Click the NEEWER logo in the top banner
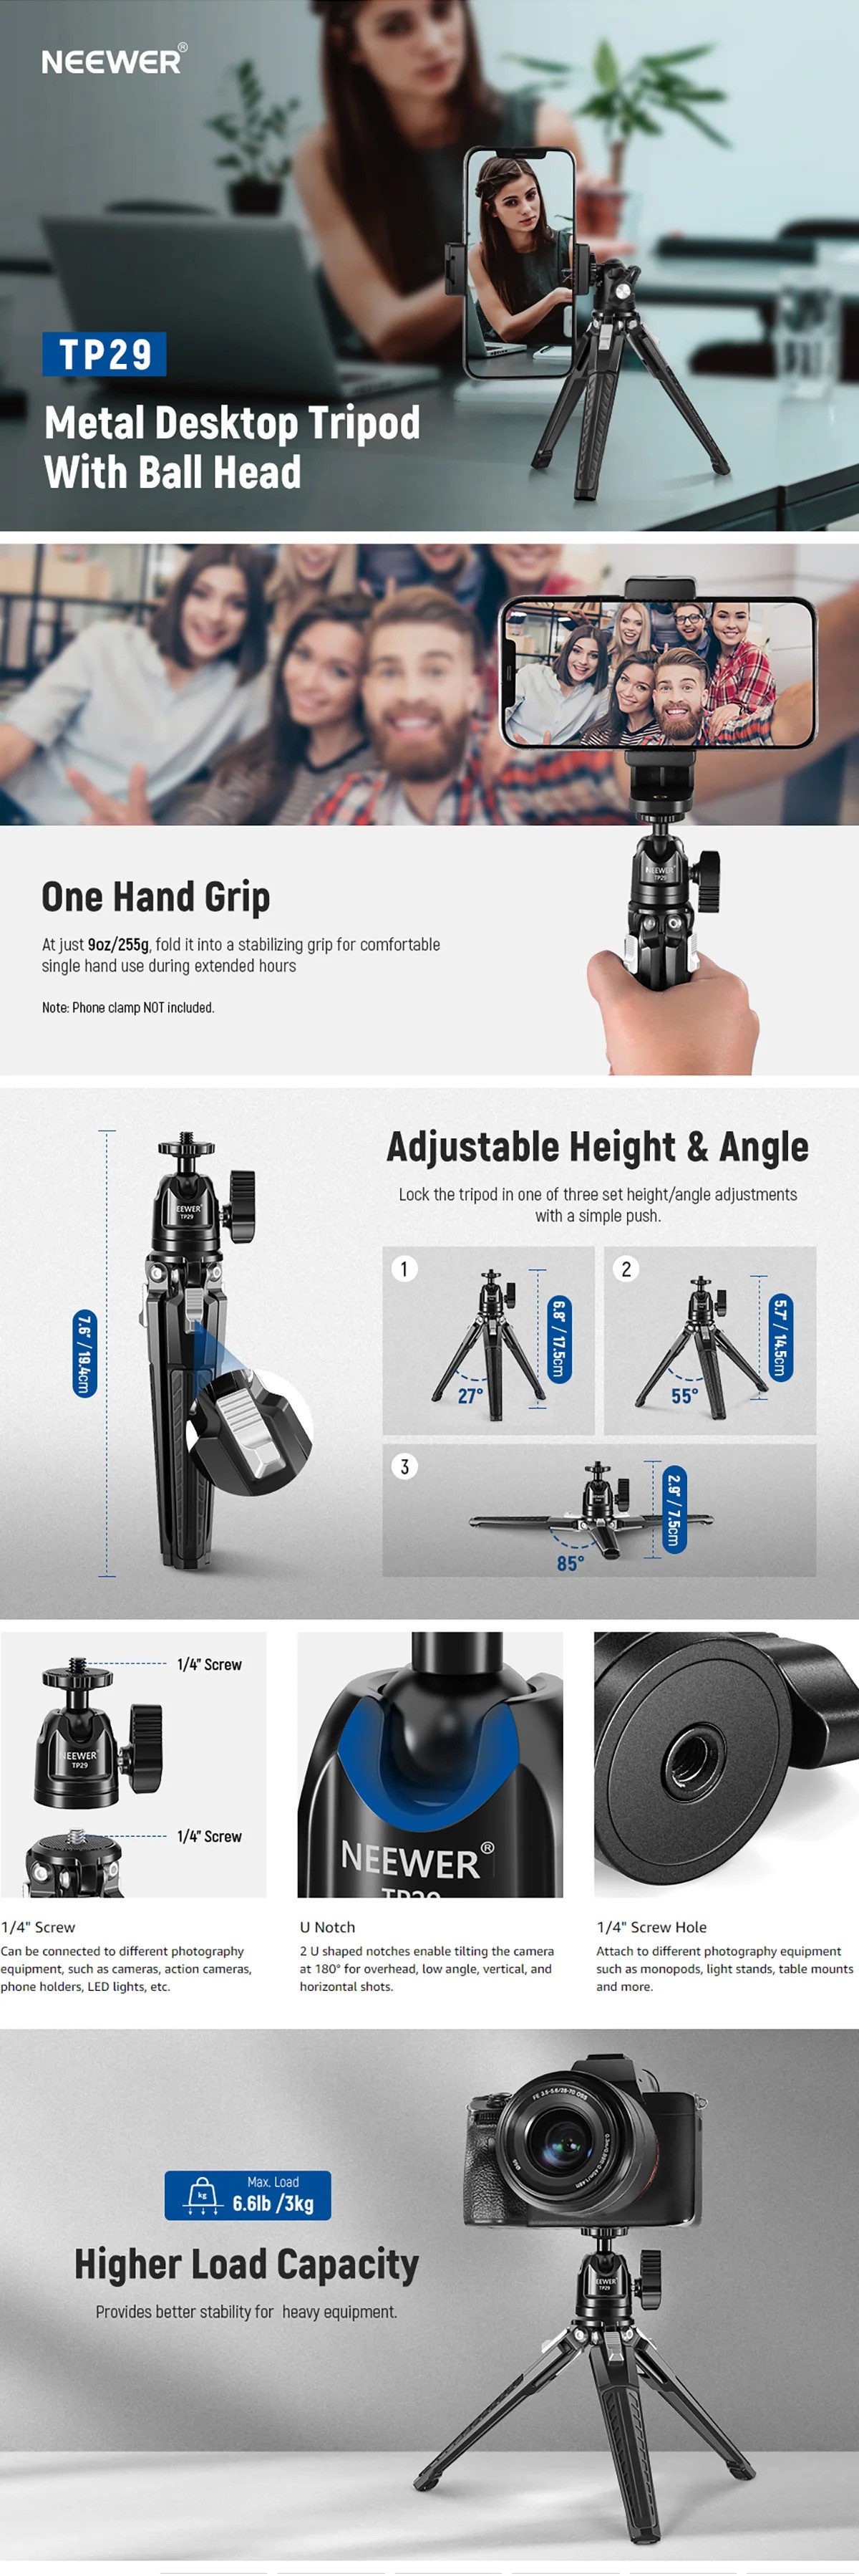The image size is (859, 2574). [114, 61]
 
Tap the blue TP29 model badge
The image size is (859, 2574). [104, 354]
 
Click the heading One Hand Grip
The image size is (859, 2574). [156, 898]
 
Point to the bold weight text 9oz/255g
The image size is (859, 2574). [119, 944]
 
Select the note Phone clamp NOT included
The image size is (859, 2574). [128, 1007]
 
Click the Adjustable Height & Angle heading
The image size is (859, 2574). [597, 1146]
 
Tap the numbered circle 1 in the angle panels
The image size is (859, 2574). [404, 1269]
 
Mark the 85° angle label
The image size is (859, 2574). [571, 1562]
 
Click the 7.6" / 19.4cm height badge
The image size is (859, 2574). [85, 1353]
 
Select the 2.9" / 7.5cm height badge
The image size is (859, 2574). [674, 1509]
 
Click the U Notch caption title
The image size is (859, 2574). [328, 1926]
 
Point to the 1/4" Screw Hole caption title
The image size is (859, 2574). [651, 1926]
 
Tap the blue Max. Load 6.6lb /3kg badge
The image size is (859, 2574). [248, 2195]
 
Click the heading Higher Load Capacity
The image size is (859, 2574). [247, 2265]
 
